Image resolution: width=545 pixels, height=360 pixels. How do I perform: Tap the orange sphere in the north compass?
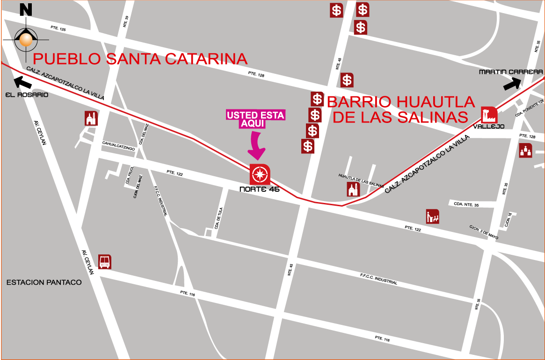click(26, 40)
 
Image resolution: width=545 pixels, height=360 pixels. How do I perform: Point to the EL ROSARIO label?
click(27, 95)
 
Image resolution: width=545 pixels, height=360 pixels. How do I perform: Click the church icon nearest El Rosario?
click(91, 118)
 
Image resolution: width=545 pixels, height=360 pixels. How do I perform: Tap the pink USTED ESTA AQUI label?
click(255, 119)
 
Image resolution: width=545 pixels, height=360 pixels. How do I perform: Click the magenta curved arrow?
click(256, 147)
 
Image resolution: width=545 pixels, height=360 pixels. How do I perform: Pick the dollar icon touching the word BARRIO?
click(317, 99)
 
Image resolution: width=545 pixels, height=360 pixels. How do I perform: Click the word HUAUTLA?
click(436, 101)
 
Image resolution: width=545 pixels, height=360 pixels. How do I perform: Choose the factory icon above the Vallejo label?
click(489, 115)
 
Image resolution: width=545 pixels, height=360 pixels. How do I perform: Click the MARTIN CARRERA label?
click(510, 72)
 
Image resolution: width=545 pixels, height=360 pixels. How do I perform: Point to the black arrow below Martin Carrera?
click(513, 84)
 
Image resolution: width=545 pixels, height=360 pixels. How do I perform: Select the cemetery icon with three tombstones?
click(525, 151)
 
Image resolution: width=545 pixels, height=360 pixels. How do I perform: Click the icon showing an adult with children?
click(433, 216)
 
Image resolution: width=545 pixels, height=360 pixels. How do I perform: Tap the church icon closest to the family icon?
click(353, 189)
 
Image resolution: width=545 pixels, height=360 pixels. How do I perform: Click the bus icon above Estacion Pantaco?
click(105, 261)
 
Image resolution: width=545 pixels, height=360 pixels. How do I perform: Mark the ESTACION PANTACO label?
click(44, 282)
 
